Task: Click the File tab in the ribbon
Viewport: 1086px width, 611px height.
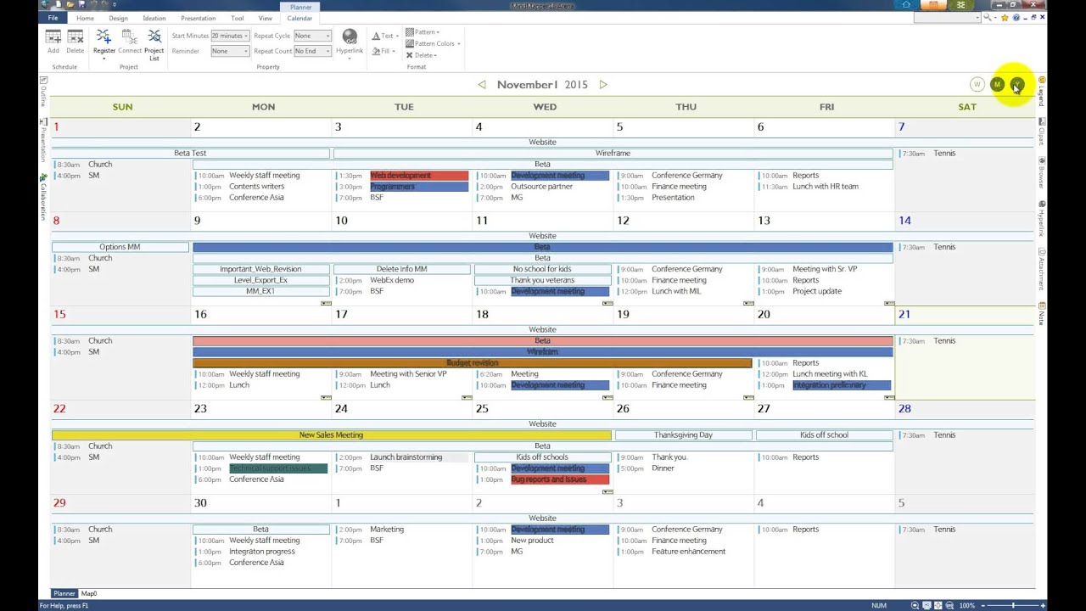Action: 53,18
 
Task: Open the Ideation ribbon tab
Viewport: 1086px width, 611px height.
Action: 154,18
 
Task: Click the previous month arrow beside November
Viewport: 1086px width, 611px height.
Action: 482,85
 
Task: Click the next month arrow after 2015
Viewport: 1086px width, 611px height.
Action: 603,85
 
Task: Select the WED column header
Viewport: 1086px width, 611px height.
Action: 545,107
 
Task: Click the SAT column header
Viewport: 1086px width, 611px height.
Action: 967,107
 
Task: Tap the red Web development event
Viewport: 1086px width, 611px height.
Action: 418,176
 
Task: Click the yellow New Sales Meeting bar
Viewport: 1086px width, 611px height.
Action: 331,435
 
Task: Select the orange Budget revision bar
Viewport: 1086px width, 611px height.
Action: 472,363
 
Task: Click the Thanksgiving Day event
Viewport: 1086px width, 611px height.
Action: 683,435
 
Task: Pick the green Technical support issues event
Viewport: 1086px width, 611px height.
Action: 277,468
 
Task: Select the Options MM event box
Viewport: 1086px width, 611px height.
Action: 120,247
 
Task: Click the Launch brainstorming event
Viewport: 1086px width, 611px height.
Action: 406,457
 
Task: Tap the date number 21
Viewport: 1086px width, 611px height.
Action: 904,315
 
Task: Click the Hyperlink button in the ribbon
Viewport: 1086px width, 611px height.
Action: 350,41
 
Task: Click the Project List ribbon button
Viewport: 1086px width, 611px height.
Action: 154,43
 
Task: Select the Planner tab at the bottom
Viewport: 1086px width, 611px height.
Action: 64,594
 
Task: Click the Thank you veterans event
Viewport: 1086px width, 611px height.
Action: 542,280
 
